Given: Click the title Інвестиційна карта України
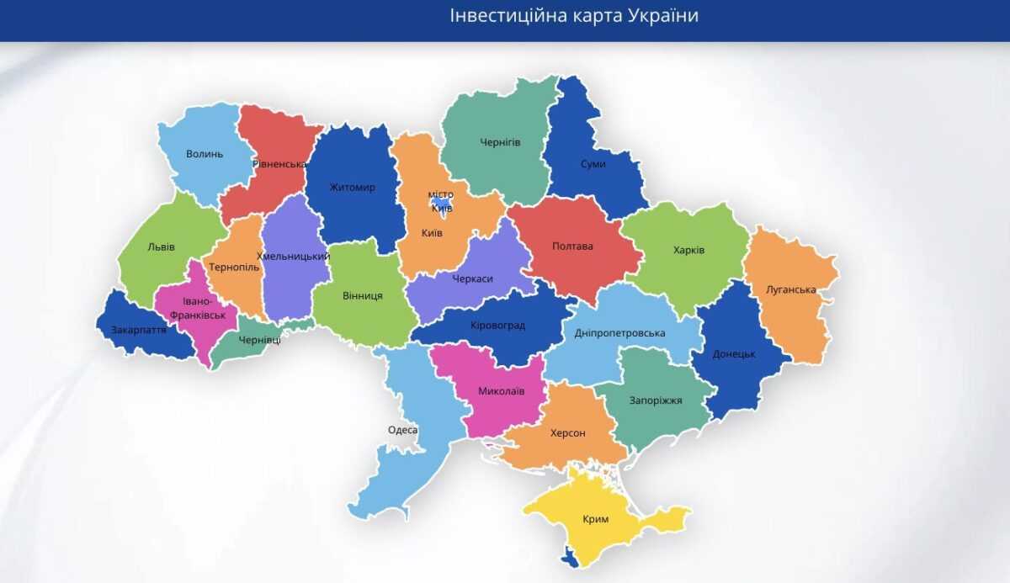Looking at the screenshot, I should (x=574, y=16).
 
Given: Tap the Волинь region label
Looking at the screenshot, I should (x=205, y=154).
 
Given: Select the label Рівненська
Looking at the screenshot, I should (x=280, y=164).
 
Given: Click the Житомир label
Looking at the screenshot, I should (x=352, y=187).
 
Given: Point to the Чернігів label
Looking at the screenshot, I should (x=500, y=142).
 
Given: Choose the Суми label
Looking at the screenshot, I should (x=593, y=164).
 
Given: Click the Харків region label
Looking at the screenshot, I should (x=688, y=250).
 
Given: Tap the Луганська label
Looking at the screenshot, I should (x=790, y=289).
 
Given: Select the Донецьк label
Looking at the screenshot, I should (x=733, y=354).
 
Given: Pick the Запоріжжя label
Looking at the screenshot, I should (x=656, y=400).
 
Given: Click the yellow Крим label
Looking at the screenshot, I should (x=595, y=519).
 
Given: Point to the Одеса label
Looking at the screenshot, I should (x=402, y=430).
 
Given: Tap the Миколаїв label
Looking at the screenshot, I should (x=501, y=391).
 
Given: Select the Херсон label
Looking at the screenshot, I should (x=567, y=432).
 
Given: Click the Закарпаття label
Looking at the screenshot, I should (x=139, y=330).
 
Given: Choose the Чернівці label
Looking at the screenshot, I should (x=259, y=340).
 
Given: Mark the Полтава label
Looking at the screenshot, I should (x=572, y=246).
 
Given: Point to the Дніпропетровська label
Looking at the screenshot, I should (x=619, y=333).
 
